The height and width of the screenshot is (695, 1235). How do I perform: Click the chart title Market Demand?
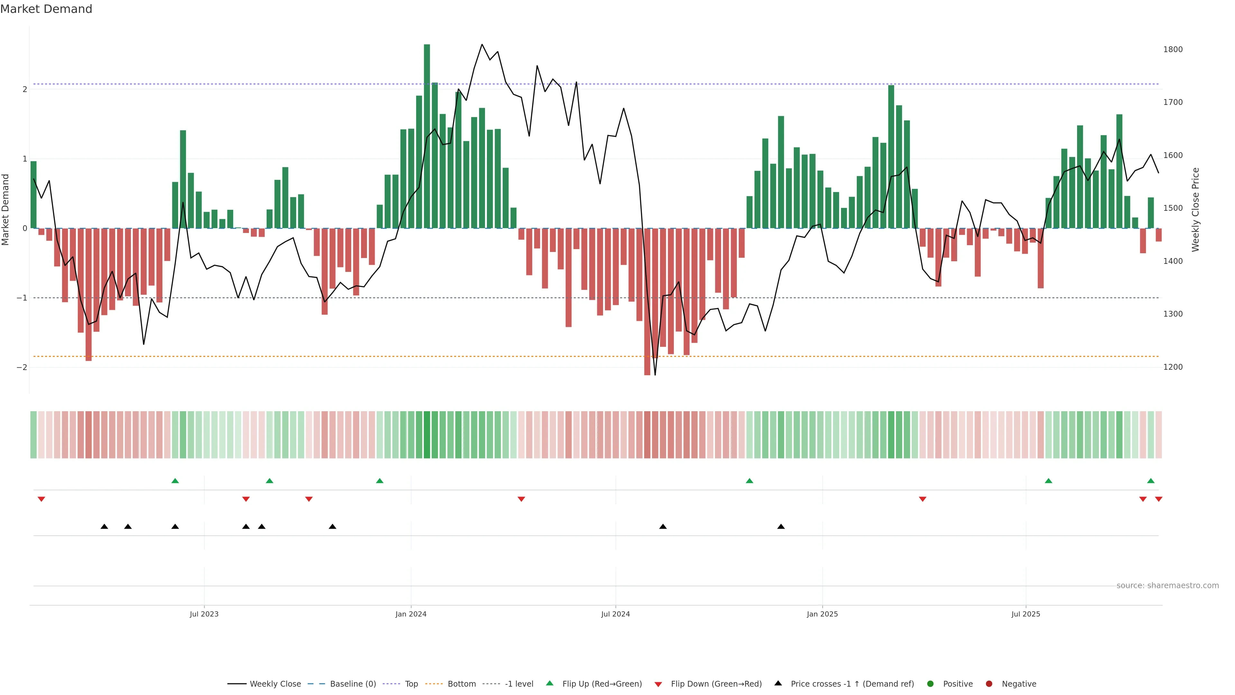[46, 9]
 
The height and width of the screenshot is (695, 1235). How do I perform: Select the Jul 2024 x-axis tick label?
[615, 614]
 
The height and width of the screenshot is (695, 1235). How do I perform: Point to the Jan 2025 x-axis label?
[822, 614]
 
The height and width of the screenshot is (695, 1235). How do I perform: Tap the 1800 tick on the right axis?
[1173, 50]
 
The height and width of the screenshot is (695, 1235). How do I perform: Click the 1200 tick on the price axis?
[1173, 367]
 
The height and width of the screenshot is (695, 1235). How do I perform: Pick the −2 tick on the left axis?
[22, 367]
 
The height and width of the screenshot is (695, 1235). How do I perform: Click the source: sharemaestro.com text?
[1167, 586]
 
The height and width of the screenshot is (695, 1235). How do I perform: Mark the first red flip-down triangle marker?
[41, 499]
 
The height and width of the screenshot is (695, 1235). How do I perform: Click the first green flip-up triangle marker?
[175, 481]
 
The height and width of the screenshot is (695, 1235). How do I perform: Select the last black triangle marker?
[781, 527]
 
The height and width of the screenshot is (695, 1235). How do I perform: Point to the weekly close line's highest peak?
[482, 45]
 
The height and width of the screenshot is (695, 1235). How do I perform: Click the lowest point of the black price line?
[655, 375]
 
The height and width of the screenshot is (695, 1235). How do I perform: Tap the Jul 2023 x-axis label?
[204, 614]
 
